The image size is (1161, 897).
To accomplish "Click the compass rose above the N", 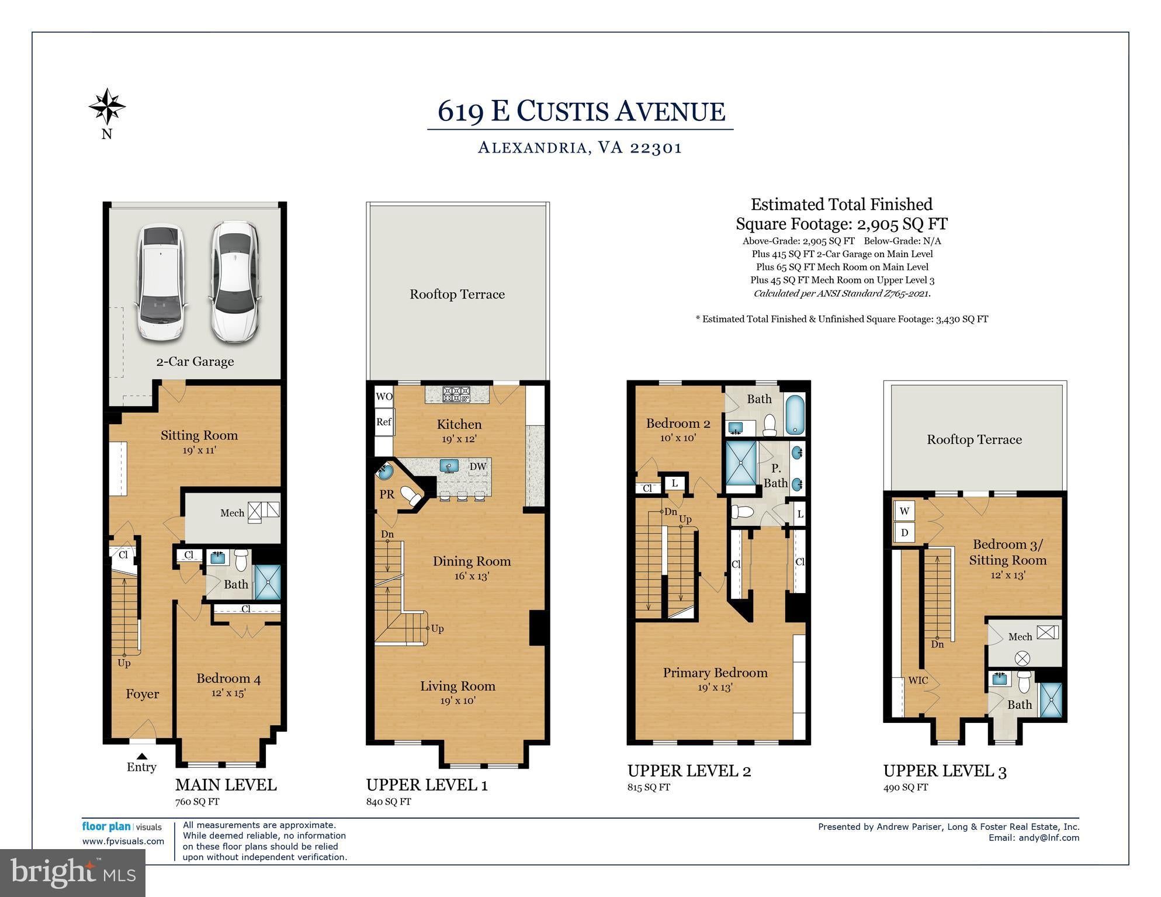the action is tap(107, 106).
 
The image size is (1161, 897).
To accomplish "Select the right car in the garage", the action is tap(235, 281).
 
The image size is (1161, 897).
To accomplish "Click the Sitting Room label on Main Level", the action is tap(199, 435).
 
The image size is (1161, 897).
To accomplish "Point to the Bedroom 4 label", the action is tap(228, 678).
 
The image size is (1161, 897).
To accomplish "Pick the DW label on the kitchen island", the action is tap(478, 466).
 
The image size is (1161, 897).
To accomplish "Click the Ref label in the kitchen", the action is tap(384, 421).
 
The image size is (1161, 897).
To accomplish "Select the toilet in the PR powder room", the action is tap(411, 496).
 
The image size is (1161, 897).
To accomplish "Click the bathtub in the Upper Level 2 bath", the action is tap(795, 415).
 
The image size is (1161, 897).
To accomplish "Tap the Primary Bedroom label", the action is tap(715, 673).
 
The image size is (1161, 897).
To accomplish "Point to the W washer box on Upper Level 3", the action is tap(904, 511).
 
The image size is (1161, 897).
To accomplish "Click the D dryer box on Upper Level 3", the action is tap(904, 532).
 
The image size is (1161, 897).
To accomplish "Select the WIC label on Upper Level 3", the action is tap(918, 680).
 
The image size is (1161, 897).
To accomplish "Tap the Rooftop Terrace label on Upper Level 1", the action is tap(458, 294).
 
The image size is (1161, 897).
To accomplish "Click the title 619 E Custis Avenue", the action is tap(581, 111).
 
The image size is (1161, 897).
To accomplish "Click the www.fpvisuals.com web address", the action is tap(123, 841).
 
